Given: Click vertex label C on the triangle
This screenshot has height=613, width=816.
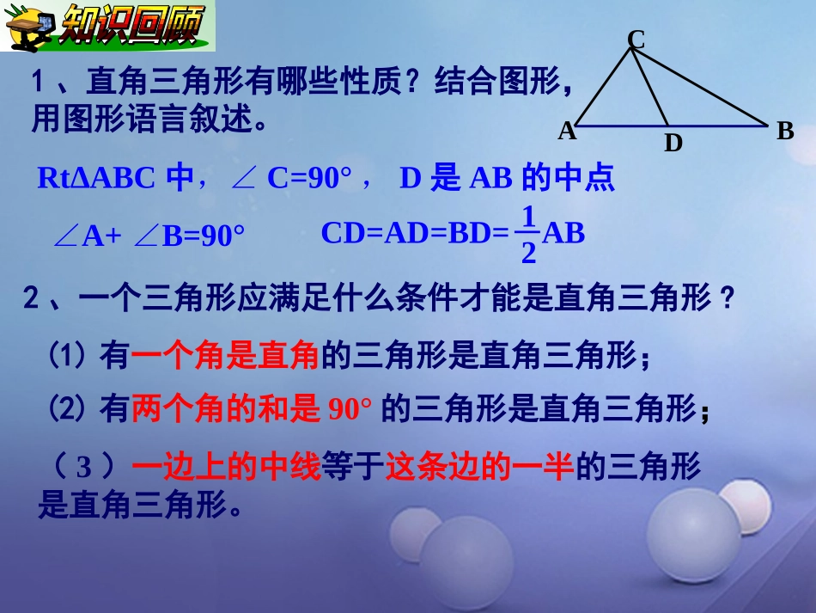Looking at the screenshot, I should click(x=636, y=39).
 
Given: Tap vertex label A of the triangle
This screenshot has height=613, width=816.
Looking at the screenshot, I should click(x=567, y=132).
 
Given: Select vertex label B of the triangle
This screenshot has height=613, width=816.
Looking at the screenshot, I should click(x=785, y=132).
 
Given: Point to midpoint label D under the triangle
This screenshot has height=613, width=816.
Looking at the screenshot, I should click(x=673, y=143).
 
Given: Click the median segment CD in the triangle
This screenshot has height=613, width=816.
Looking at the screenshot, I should click(x=650, y=87).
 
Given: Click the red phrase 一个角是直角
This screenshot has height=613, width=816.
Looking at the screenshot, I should click(x=226, y=356).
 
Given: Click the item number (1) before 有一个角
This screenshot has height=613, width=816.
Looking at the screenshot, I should click(x=65, y=356).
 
